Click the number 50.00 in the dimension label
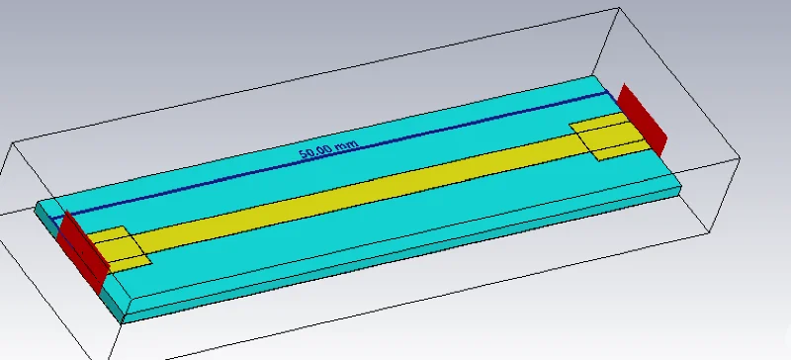point(315,152)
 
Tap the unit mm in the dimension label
point(347,145)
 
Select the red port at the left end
point(83,252)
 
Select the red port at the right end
point(642,120)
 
